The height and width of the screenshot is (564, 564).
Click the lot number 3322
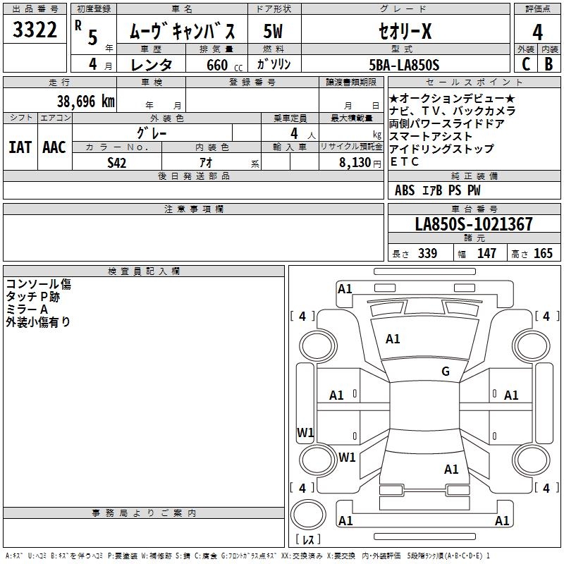[x=35, y=31]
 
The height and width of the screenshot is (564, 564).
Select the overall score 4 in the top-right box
[x=537, y=32]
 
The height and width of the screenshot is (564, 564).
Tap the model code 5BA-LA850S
[x=404, y=65]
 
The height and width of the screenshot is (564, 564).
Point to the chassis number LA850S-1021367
[x=474, y=225]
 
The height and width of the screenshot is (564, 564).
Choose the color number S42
[x=117, y=163]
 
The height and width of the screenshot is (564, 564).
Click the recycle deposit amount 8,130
[x=355, y=163]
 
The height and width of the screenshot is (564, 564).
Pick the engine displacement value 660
[x=216, y=66]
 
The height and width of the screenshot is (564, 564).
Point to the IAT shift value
[x=20, y=147]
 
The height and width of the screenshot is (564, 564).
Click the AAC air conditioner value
[x=54, y=147]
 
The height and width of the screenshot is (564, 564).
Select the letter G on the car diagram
[x=445, y=372]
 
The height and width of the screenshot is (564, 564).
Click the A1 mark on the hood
[x=393, y=339]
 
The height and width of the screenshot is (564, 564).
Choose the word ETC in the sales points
[x=404, y=162]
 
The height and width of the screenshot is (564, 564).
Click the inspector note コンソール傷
[x=38, y=284]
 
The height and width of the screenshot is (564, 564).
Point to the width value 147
[x=486, y=254]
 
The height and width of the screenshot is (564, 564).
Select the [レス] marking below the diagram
[x=308, y=540]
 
